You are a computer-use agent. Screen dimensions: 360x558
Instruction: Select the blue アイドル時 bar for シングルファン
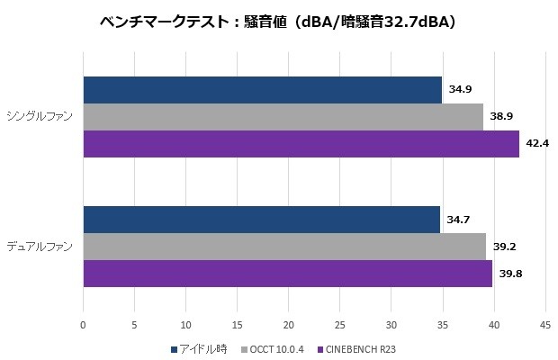tap(262, 90)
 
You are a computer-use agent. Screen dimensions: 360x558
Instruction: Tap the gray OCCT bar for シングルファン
tap(283, 117)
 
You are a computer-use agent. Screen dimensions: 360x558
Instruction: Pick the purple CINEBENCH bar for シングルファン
tap(301, 144)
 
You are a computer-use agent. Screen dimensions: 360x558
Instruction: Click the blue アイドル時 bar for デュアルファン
tap(261, 220)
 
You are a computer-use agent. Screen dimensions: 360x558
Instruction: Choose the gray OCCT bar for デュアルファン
tap(284, 247)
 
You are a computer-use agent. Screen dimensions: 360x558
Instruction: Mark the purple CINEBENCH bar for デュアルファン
tap(287, 274)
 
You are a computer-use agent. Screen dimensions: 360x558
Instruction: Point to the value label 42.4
tap(537, 144)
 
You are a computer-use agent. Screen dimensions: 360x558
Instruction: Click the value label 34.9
tap(460, 90)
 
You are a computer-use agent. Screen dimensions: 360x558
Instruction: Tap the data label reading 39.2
tap(504, 247)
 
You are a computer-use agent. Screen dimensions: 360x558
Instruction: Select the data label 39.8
tap(510, 274)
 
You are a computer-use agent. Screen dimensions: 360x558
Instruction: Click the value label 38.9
tap(501, 117)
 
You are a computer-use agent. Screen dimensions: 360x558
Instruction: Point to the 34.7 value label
tap(458, 220)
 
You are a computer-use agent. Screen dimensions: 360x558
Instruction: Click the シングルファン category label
tap(40, 116)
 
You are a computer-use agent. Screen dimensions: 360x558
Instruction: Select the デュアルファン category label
tap(40, 246)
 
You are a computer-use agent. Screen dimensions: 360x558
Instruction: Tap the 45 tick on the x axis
tap(544, 325)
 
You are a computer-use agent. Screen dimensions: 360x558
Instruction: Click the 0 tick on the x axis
tap(83, 325)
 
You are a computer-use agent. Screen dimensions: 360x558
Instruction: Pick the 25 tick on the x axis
tap(339, 325)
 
